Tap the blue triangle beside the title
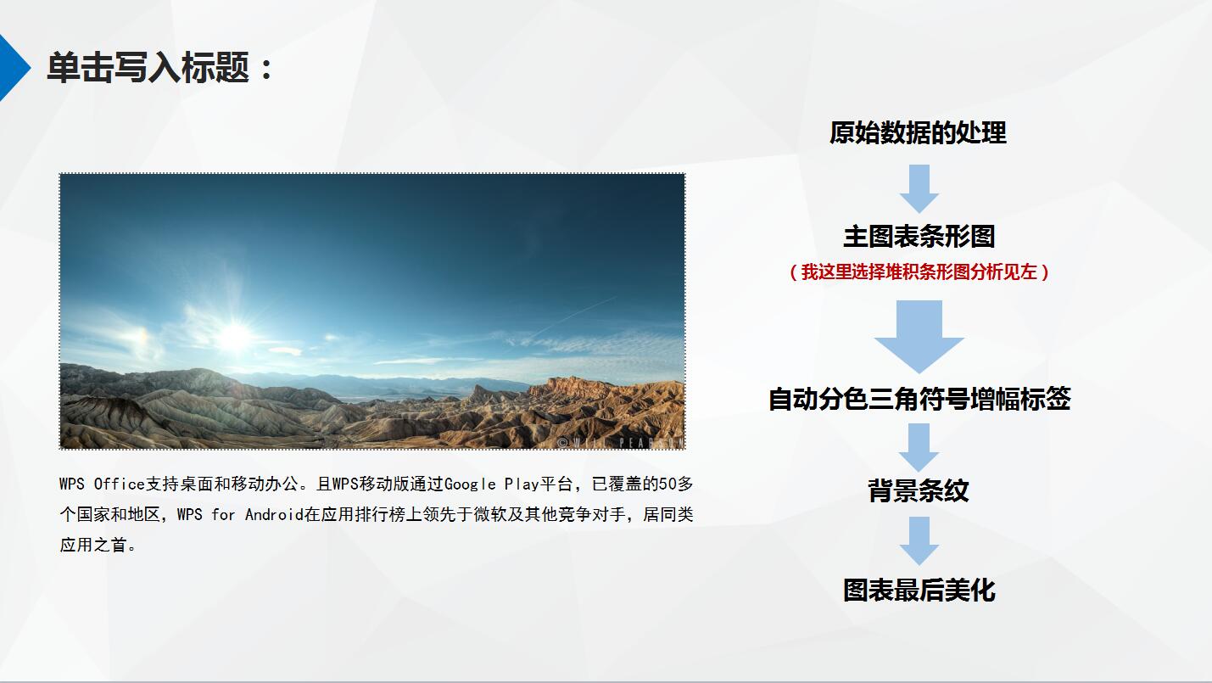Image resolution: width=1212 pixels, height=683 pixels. point(12,68)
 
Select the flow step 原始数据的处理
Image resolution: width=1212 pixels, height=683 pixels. point(918,133)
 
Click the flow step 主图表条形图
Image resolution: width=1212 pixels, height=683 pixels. point(919,237)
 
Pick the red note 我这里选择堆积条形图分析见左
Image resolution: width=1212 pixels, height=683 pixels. point(919,272)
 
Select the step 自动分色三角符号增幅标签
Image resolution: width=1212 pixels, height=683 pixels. point(919,399)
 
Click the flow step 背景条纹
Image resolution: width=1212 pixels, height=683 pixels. point(919,490)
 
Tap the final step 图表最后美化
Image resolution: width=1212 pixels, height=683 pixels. point(919,591)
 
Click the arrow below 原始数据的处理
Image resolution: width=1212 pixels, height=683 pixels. point(919,188)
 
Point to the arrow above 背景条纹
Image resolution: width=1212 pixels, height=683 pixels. point(919,447)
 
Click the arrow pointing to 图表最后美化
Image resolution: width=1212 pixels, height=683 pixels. point(919,540)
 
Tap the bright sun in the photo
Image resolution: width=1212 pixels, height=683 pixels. point(234,337)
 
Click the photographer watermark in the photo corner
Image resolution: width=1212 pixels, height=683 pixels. point(619,442)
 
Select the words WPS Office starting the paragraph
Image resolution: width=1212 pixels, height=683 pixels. point(103,484)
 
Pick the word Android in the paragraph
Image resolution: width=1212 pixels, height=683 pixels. point(274,515)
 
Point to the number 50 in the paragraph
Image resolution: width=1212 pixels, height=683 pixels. point(668,484)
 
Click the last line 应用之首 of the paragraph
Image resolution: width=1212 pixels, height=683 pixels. point(98,546)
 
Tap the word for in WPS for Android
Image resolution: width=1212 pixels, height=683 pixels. point(223,515)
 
